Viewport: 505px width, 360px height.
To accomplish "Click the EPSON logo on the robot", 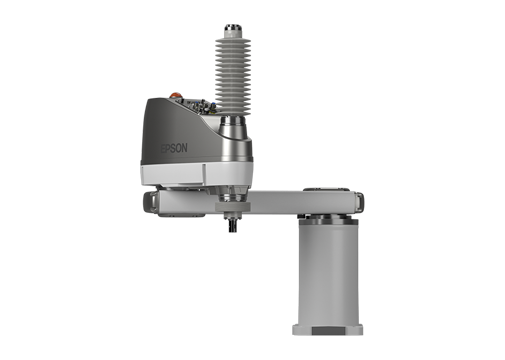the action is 174,148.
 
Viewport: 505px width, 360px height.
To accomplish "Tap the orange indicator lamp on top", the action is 175,95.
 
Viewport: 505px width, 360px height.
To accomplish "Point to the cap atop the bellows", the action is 232,30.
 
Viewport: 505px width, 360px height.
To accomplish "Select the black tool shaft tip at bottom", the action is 232,227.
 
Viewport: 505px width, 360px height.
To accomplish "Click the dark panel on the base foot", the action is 327,331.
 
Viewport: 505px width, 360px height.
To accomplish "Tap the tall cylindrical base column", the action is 328,272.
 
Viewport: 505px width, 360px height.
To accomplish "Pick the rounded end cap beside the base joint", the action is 359,201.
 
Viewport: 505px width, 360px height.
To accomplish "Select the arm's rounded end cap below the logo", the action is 150,202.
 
